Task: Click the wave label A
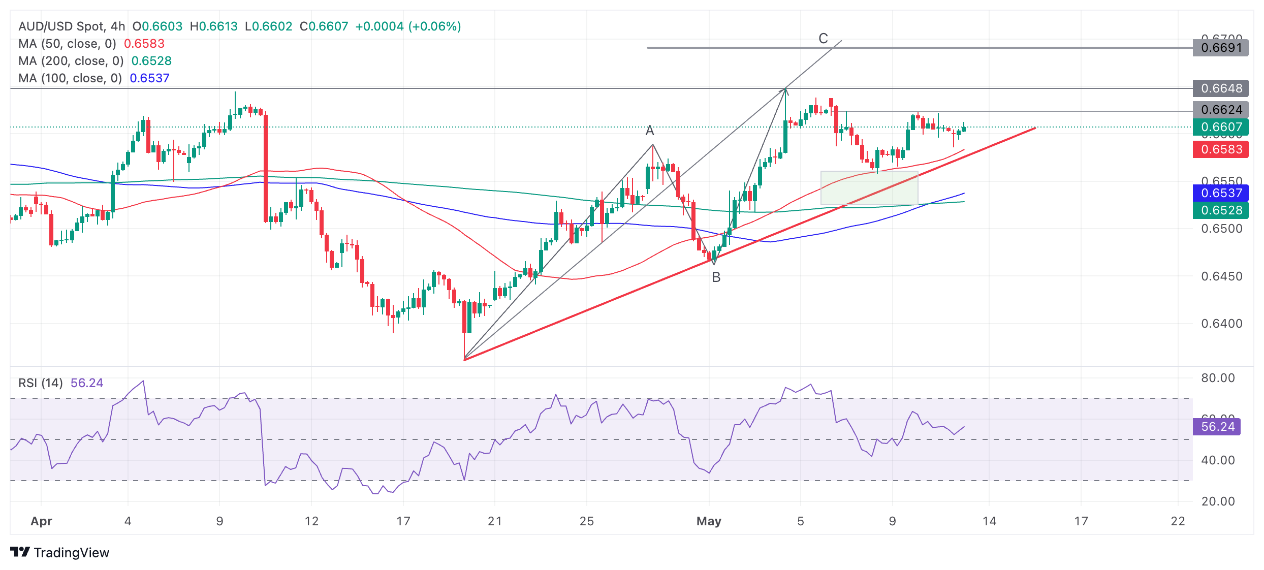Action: [649, 131]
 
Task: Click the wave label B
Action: [716, 277]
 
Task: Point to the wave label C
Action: [823, 39]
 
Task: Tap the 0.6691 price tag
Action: [1220, 48]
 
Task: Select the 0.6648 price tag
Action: [1220, 88]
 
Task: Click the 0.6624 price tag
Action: [1220, 110]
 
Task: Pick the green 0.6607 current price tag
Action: [1220, 127]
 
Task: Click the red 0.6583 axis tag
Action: [1220, 149]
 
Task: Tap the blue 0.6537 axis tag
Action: [1220, 193]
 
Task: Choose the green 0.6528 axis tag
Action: [1220, 210]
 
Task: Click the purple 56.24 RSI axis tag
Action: [1217, 427]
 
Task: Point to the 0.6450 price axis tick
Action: [1221, 276]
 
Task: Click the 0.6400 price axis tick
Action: [1221, 324]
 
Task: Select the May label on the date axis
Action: [709, 521]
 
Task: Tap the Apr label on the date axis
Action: [41, 521]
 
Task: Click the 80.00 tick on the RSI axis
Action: [1218, 378]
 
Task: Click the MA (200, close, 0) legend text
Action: [71, 61]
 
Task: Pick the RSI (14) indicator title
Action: [41, 383]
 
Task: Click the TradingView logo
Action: [59, 553]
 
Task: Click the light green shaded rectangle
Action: [869, 188]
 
